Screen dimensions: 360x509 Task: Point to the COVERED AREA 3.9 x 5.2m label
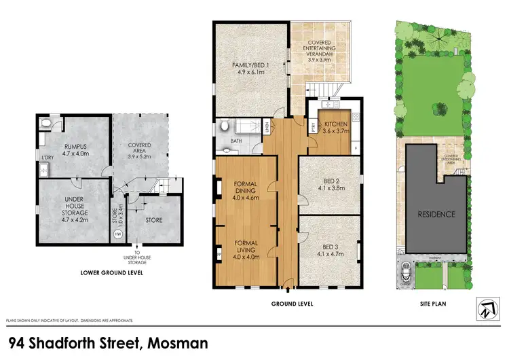pos(140,149)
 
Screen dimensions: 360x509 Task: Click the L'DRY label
pos(48,158)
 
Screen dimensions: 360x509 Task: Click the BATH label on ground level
pos(236,141)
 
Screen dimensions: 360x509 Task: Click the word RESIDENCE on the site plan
pos(436,213)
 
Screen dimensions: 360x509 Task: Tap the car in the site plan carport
pos(405,273)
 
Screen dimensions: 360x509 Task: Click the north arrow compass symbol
pos(484,310)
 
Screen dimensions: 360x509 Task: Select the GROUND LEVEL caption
pos(291,303)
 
